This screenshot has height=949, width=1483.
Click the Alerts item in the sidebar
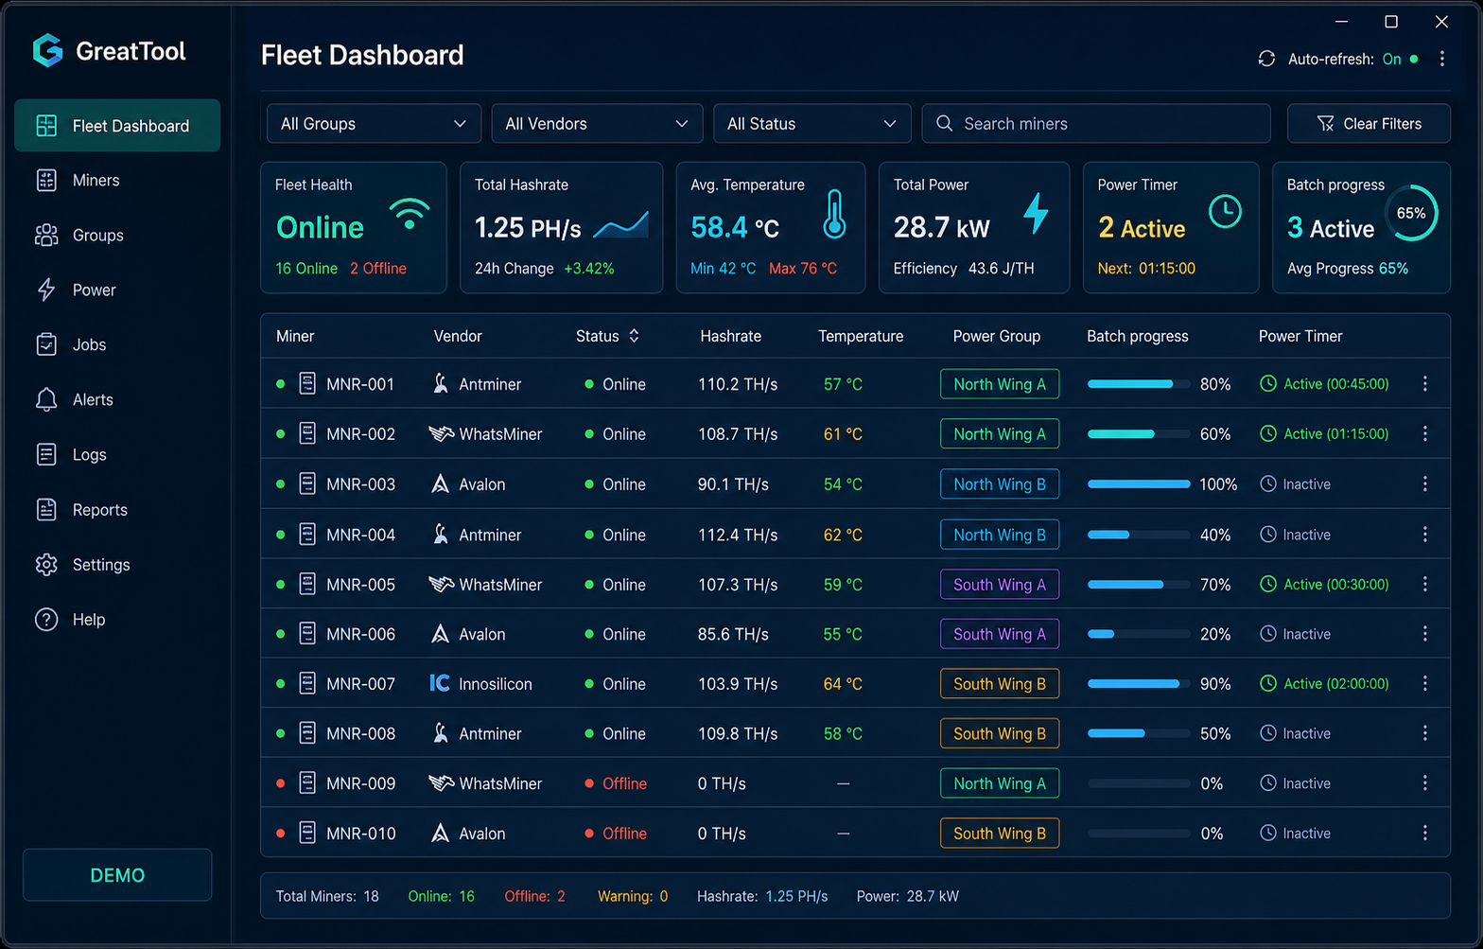pyautogui.click(x=74, y=399)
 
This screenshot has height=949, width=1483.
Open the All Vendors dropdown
pyautogui.click(x=597, y=124)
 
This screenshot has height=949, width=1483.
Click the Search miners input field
pyautogui.click(x=1095, y=124)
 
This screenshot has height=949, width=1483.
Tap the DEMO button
pyautogui.click(x=117, y=875)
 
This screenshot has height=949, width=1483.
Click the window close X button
pyautogui.click(x=1441, y=22)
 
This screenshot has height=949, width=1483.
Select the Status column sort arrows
pyautogui.click(x=634, y=336)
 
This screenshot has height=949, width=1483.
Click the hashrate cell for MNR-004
pyautogui.click(x=737, y=535)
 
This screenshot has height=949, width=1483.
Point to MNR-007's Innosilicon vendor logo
pyautogui.click(x=439, y=683)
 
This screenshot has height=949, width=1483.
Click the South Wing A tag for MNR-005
pyautogui.click(x=999, y=584)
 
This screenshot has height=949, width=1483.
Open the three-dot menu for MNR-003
pyautogui.click(x=1424, y=484)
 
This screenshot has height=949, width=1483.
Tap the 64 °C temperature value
pyautogui.click(x=843, y=683)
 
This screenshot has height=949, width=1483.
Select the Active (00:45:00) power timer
pyautogui.click(x=1324, y=384)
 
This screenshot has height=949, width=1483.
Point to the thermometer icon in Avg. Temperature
pyautogui.click(x=834, y=214)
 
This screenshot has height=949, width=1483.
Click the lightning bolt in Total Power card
pyautogui.click(x=1037, y=213)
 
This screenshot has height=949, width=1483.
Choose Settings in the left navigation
pyautogui.click(x=82, y=564)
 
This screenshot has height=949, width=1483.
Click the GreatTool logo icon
pyautogui.click(x=47, y=51)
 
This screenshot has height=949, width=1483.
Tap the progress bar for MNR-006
pyautogui.click(x=1138, y=634)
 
